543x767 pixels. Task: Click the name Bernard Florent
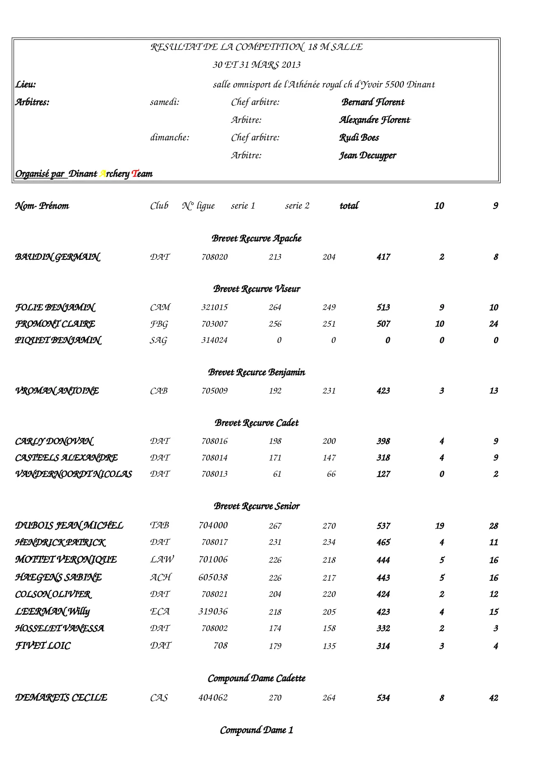pos(373,102)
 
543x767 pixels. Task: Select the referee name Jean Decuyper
pos(368,156)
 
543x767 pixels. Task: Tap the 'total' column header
pos(349,206)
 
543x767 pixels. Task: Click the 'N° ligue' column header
pos(198,206)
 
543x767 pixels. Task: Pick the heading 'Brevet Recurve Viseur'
pos(256,289)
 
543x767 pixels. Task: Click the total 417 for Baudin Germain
pos(383,257)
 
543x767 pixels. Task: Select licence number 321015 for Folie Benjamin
pos(214,307)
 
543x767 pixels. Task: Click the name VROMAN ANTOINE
pos(57,391)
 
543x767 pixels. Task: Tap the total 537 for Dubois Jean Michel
pos(383,526)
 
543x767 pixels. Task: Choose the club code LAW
pos(161,560)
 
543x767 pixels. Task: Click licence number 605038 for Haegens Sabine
pos(213,578)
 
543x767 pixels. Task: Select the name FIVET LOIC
pos(43,646)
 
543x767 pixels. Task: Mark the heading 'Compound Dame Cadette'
pos(256,679)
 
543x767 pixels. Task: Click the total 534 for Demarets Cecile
pos(383,698)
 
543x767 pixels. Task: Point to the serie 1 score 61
pos(277,474)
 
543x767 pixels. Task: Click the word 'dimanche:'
pos(170,138)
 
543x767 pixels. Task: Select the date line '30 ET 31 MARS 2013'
pos(256,65)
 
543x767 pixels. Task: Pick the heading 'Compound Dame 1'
pos(256,730)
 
